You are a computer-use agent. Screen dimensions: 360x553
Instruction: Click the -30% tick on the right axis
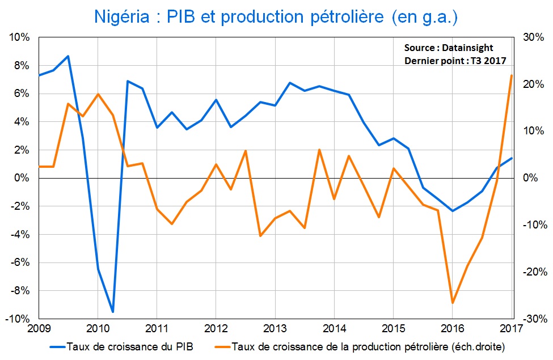[533, 319]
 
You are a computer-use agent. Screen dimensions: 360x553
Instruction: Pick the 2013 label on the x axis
[275, 328]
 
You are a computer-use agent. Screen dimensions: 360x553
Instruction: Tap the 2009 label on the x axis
[39, 328]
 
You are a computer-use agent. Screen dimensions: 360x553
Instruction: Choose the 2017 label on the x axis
[512, 328]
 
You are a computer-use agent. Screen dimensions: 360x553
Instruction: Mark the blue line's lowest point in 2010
[113, 312]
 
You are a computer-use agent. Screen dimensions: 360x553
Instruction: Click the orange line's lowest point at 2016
[453, 303]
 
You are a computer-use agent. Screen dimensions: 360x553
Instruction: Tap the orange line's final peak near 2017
[512, 75]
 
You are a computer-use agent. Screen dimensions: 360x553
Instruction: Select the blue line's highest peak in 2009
[68, 56]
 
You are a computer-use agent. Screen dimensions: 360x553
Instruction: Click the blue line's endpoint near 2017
[512, 158]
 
